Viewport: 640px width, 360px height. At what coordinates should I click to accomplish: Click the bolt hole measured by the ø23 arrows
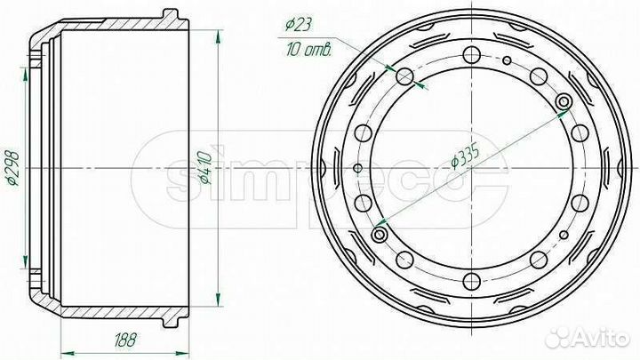405,76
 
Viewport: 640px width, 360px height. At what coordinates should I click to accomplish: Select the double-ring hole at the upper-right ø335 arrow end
564,103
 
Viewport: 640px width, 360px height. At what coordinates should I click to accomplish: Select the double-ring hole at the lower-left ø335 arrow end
380,234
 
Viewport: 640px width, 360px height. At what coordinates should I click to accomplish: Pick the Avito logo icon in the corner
559,338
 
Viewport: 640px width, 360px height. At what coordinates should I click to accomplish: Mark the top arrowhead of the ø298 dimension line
26,69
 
